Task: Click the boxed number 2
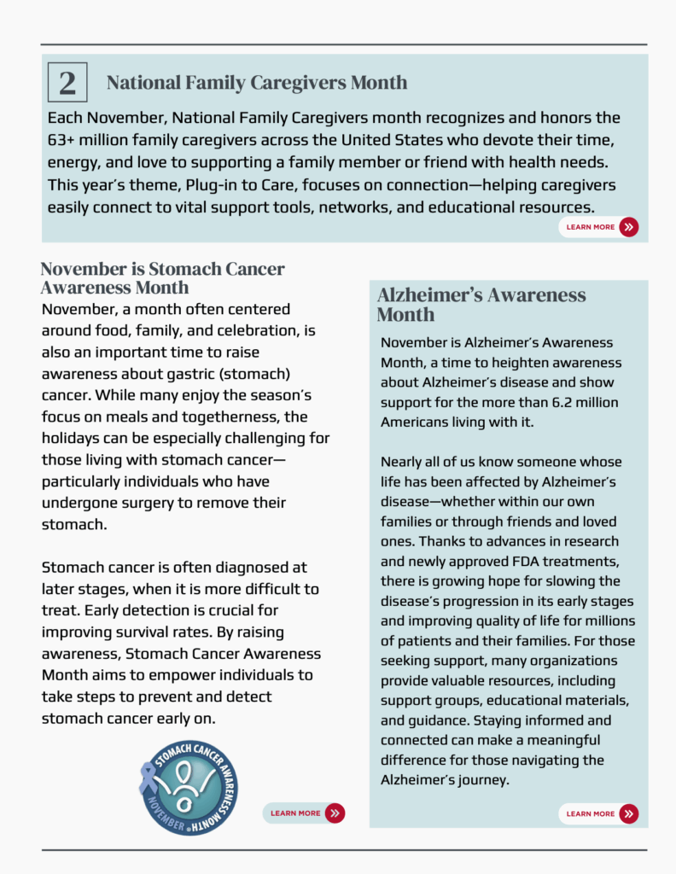pyautogui.click(x=67, y=83)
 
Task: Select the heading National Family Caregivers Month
pyautogui.click(x=257, y=83)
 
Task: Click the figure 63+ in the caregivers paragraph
pyautogui.click(x=64, y=140)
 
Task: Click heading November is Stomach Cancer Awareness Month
pyautogui.click(x=162, y=277)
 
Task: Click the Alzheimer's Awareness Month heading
pyautogui.click(x=481, y=305)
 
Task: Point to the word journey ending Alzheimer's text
pyautogui.click(x=482, y=780)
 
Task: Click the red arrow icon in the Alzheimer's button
pyautogui.click(x=629, y=813)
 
